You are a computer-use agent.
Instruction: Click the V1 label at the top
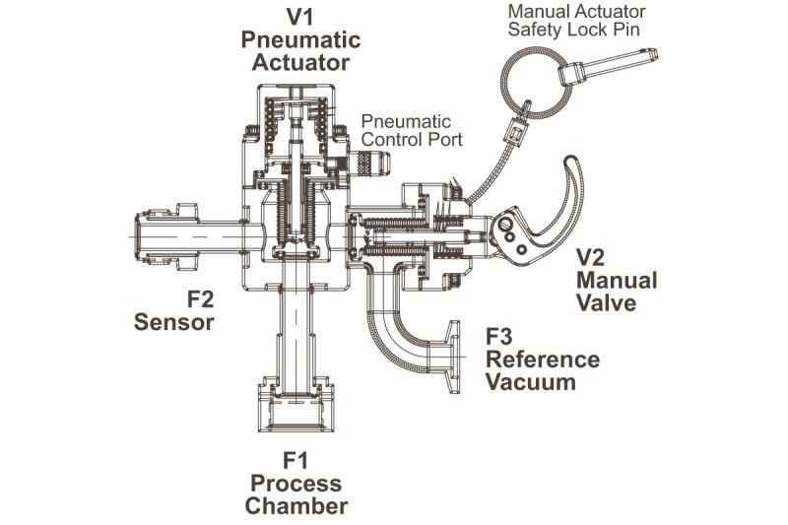pos(300,17)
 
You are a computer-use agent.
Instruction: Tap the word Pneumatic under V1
pos(300,40)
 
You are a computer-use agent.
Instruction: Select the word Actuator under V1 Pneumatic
pos(300,63)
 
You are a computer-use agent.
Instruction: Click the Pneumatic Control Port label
pos(406,130)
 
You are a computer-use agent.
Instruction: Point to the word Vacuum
pos(531,381)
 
